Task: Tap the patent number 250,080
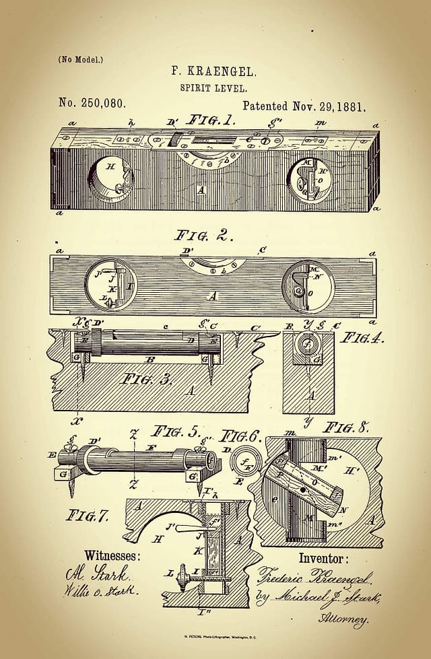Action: tap(92, 104)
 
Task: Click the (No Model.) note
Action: tap(81, 60)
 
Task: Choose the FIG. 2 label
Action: tap(203, 236)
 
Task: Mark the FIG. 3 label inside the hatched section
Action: tap(148, 379)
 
